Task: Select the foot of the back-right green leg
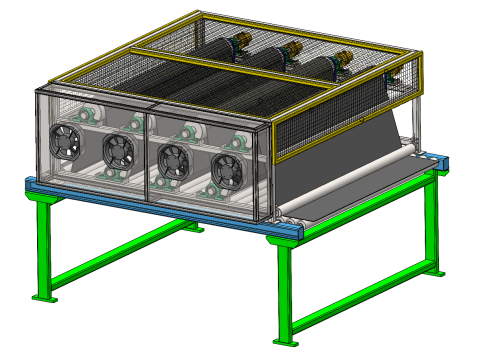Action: pos(435,273)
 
